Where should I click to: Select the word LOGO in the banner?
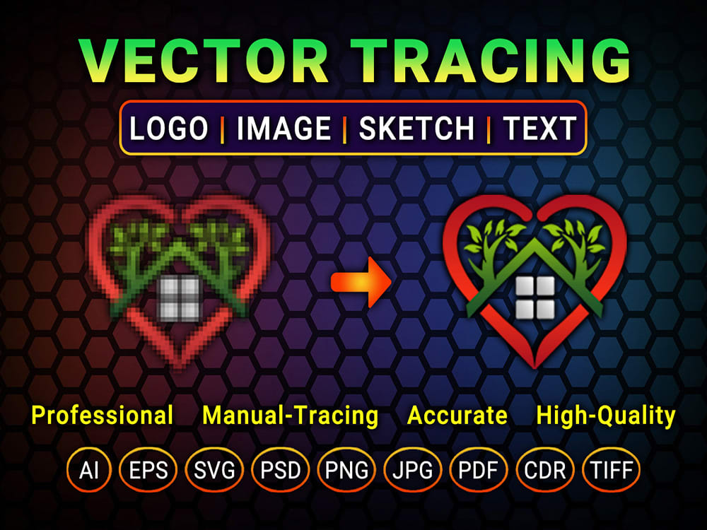[x=170, y=129]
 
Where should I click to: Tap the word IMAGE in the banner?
[x=284, y=129]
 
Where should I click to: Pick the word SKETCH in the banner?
[x=416, y=129]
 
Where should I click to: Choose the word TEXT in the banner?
[x=539, y=129]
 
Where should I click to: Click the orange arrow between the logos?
[x=361, y=282]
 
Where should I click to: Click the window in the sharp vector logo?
[x=534, y=298]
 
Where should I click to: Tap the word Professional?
[x=103, y=416]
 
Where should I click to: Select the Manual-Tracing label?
[x=291, y=416]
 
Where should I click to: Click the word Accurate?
[x=457, y=416]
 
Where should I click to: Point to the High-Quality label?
[x=606, y=416]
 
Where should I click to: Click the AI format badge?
[x=89, y=470]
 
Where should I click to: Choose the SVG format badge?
[x=214, y=470]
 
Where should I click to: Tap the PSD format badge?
[x=281, y=470]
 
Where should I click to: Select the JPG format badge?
[x=413, y=470]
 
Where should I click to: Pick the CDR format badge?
[x=545, y=470]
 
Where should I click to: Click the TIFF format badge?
[x=611, y=470]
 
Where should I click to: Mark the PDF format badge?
[x=479, y=470]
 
